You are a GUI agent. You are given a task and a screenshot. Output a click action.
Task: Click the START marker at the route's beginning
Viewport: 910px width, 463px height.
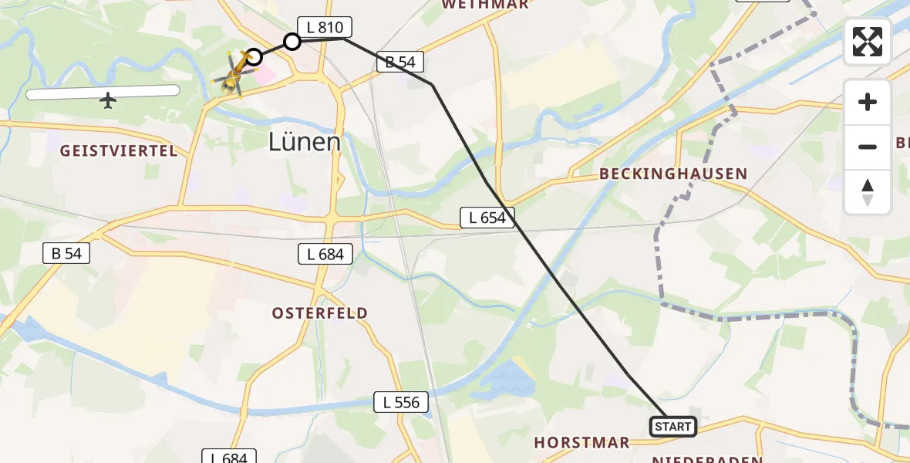pyautogui.click(x=673, y=427)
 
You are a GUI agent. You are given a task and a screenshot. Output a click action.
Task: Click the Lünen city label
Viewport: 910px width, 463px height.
pyautogui.click(x=305, y=142)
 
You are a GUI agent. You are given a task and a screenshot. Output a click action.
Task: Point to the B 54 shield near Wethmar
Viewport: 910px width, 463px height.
pyautogui.click(x=401, y=63)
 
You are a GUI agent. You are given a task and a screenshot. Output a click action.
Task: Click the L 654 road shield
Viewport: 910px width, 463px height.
pyautogui.click(x=487, y=218)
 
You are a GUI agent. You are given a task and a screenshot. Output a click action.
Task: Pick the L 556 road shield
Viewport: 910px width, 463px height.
pyautogui.click(x=402, y=401)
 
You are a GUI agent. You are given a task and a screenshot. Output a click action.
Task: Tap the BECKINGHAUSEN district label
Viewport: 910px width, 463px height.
pyautogui.click(x=673, y=174)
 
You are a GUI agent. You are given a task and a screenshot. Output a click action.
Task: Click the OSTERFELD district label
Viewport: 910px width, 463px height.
pyautogui.click(x=319, y=313)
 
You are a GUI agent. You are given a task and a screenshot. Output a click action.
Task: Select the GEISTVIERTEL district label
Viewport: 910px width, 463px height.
pyautogui.click(x=119, y=151)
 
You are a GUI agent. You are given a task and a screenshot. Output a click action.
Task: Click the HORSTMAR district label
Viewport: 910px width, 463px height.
pyautogui.click(x=582, y=443)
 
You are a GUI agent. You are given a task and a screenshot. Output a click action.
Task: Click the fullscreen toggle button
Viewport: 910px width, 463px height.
pyautogui.click(x=868, y=42)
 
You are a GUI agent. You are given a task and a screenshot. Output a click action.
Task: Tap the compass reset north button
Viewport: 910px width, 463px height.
pyautogui.click(x=868, y=192)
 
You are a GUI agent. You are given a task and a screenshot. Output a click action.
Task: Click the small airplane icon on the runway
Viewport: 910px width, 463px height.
pyautogui.click(x=108, y=100)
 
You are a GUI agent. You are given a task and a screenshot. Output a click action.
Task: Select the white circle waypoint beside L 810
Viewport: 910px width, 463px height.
pyautogui.click(x=292, y=41)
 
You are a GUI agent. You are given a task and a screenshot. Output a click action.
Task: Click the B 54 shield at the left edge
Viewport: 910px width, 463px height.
pyautogui.click(x=66, y=252)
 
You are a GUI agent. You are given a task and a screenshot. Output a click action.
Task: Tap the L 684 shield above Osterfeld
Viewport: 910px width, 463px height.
pyautogui.click(x=325, y=254)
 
